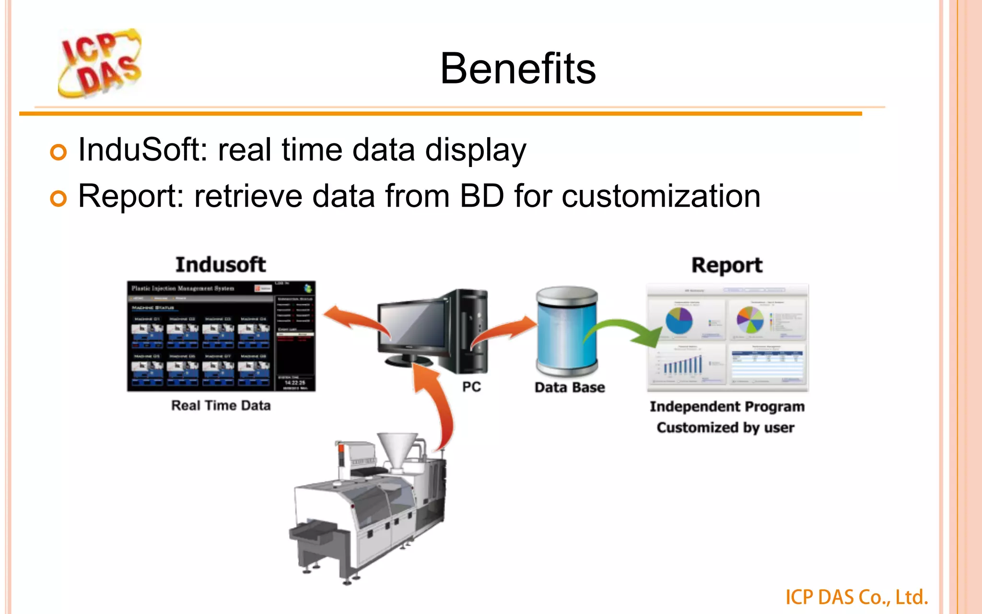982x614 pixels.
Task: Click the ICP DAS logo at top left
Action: click(x=100, y=63)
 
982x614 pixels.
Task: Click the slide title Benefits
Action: click(x=518, y=69)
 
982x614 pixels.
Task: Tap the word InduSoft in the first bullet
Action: click(x=138, y=150)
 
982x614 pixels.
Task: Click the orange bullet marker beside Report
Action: click(x=58, y=198)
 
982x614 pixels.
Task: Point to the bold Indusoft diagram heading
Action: click(x=221, y=265)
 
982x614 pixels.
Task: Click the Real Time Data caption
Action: click(x=221, y=405)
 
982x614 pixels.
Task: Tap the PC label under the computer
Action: click(x=471, y=387)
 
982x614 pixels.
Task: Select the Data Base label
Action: click(x=570, y=387)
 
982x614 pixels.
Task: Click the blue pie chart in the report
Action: click(x=679, y=320)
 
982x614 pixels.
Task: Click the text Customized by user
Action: click(x=725, y=427)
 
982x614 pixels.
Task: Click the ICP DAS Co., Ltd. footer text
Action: click(x=856, y=597)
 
